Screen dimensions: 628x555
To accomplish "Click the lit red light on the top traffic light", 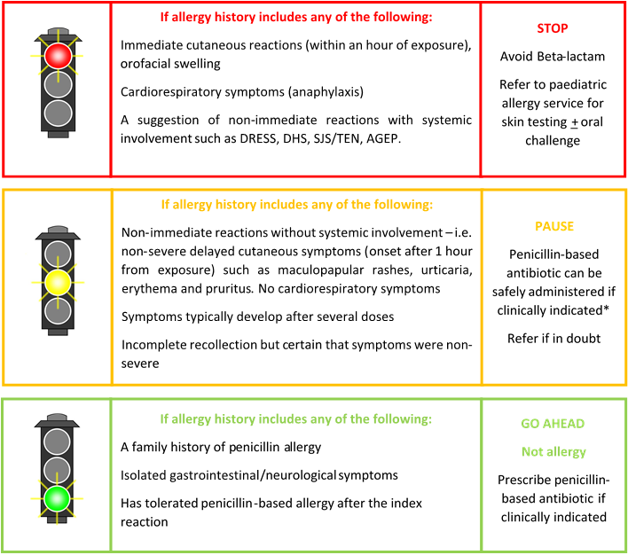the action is tap(58, 56).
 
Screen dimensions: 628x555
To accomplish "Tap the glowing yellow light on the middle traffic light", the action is tap(58, 283).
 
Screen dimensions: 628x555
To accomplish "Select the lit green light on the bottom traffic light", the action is tap(58, 498).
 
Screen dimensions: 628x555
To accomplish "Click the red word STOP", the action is tap(553, 28).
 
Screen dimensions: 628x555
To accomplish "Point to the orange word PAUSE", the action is tap(554, 226).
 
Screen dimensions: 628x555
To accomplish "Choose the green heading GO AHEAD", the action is tap(553, 423).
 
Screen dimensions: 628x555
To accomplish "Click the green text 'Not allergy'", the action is tap(553, 451).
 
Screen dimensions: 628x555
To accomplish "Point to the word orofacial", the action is tap(145, 64).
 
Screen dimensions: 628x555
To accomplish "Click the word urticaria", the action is tap(446, 270).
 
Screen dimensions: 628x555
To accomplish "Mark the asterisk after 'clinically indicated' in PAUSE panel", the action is tap(606, 309).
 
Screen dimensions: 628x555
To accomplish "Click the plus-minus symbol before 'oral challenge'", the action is tap(574, 122).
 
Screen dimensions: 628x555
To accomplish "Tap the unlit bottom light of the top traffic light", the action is tap(58, 113).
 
